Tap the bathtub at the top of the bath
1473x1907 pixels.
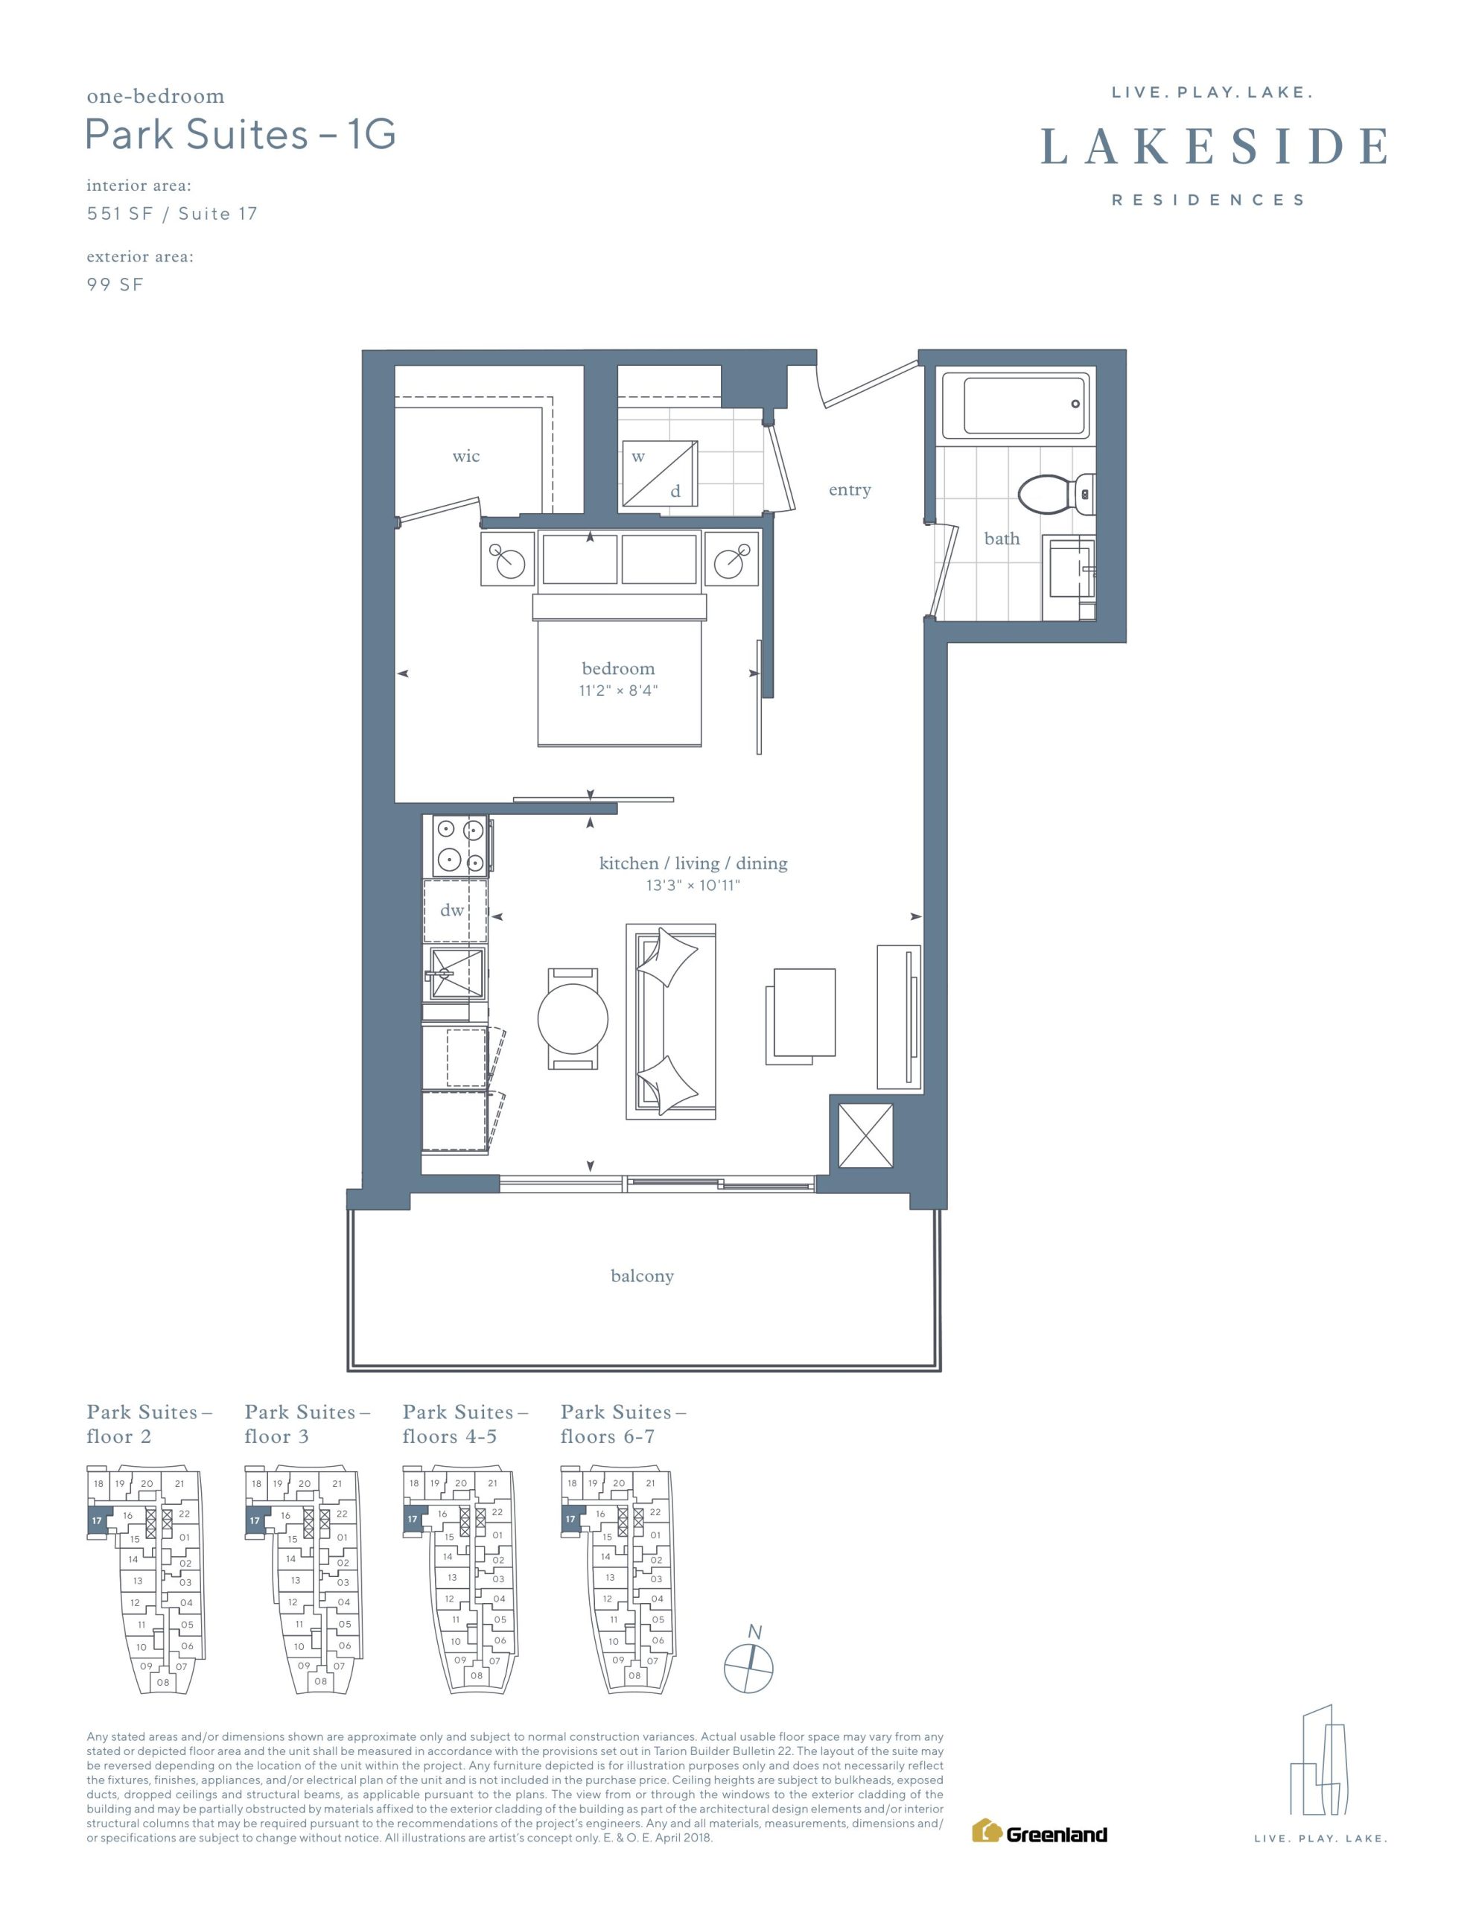click(x=1027, y=405)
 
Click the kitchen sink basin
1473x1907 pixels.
click(x=455, y=974)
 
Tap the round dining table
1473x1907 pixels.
click(x=573, y=1018)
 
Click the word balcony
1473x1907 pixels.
click(x=642, y=1276)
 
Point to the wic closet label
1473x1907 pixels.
click(x=466, y=456)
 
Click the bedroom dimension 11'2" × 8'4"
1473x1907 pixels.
click(x=618, y=691)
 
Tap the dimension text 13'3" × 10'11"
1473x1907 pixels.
click(x=693, y=886)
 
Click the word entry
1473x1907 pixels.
click(x=850, y=490)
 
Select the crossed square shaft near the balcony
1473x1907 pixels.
click(x=865, y=1135)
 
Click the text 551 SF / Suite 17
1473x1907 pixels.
click(x=172, y=214)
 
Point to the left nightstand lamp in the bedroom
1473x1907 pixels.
click(x=506, y=558)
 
